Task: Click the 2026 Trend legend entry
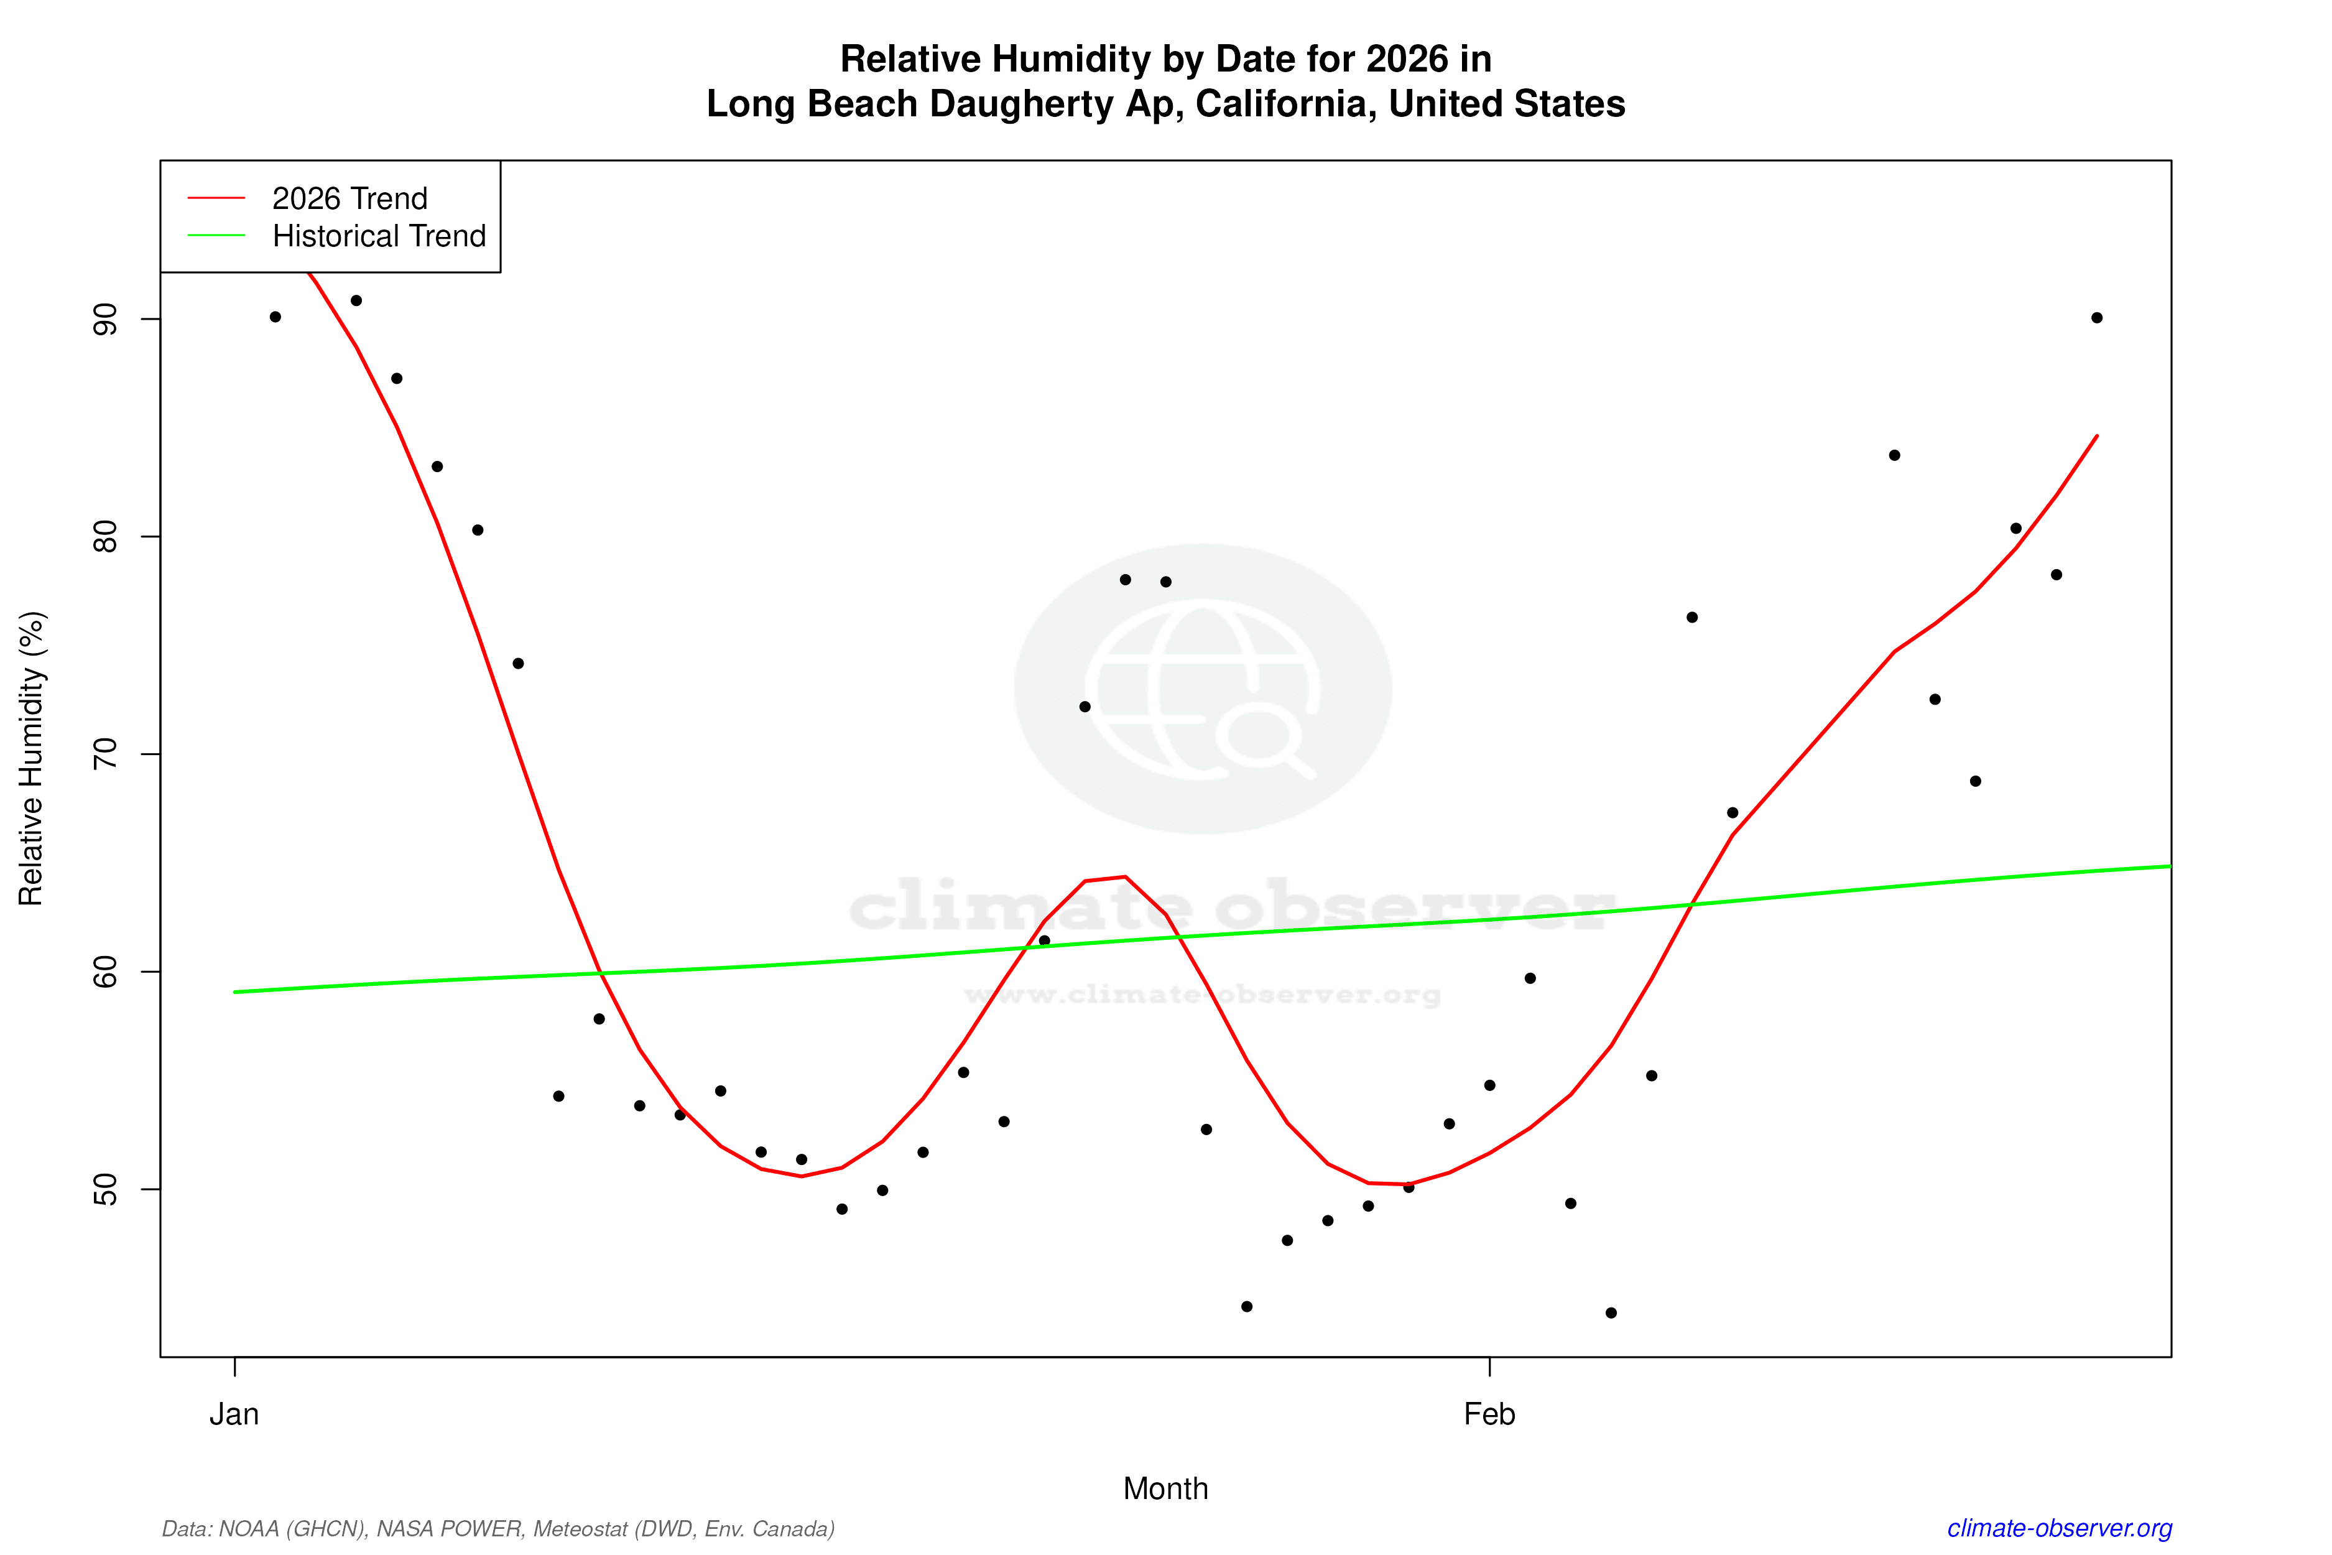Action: (x=349, y=198)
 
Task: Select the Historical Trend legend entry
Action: (x=379, y=236)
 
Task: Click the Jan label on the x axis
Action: (x=234, y=1414)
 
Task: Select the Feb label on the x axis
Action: (x=1489, y=1414)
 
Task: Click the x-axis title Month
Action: (x=1165, y=1488)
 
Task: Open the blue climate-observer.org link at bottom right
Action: (x=2060, y=1528)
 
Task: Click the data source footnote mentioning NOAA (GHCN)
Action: (x=497, y=1528)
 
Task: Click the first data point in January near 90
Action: (x=275, y=317)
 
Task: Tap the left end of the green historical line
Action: (x=235, y=991)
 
